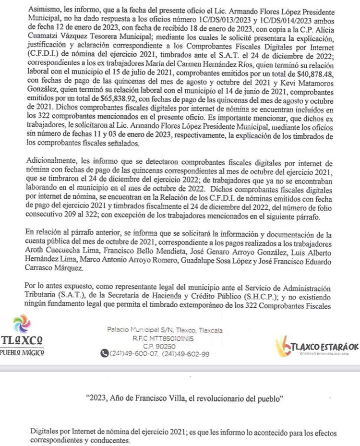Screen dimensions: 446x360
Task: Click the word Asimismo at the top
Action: point(41,11)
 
